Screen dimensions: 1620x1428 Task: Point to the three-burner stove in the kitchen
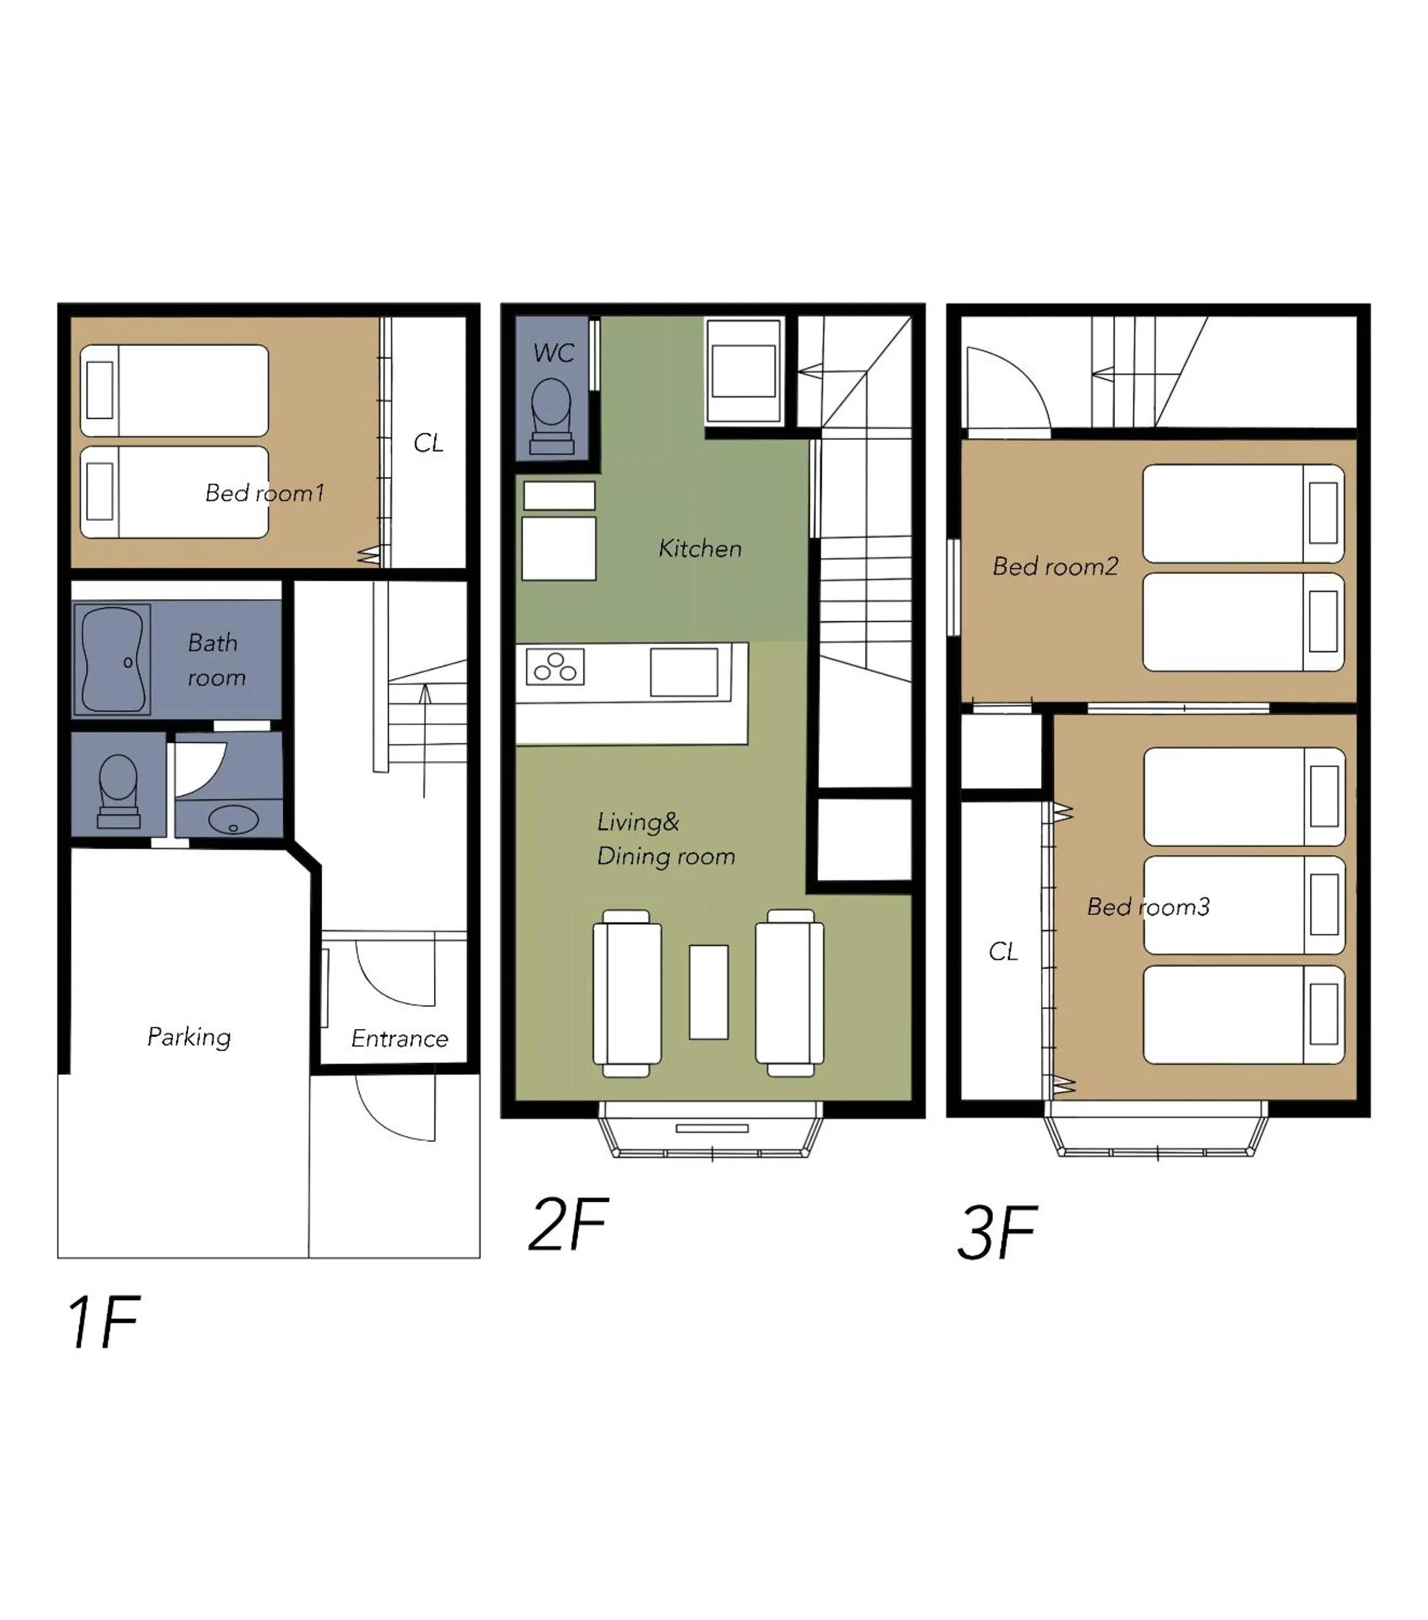555,667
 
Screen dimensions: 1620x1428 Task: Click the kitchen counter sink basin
684,672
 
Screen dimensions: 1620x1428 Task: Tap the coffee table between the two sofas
708,992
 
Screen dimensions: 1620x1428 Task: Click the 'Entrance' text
400,1038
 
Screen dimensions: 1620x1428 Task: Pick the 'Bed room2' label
1055,566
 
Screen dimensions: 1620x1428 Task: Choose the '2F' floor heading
567,1224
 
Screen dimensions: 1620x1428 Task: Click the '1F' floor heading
103,1322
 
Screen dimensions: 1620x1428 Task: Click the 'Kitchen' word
700,549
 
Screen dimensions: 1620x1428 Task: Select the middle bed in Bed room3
1244,905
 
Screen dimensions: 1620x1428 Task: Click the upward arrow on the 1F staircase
425,737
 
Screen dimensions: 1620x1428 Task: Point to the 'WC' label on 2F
553,353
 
